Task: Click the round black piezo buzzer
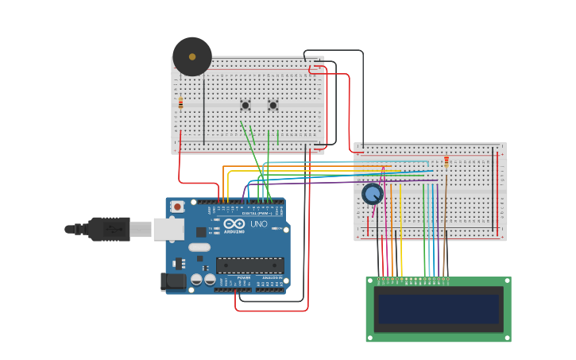pos(192,56)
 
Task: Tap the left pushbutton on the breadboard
pos(245,105)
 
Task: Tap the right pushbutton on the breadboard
pos(273,105)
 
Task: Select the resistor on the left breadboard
pos(180,103)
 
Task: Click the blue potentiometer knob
pos(372,193)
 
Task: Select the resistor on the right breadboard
pos(446,161)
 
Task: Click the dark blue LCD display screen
pos(439,309)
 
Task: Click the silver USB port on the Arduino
pos(168,229)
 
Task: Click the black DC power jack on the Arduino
pos(172,281)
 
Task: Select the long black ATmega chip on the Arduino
pos(249,265)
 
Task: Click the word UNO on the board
pos(259,224)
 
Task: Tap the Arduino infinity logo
pos(234,223)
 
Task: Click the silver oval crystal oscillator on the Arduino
pos(199,247)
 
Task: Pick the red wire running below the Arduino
pos(270,310)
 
